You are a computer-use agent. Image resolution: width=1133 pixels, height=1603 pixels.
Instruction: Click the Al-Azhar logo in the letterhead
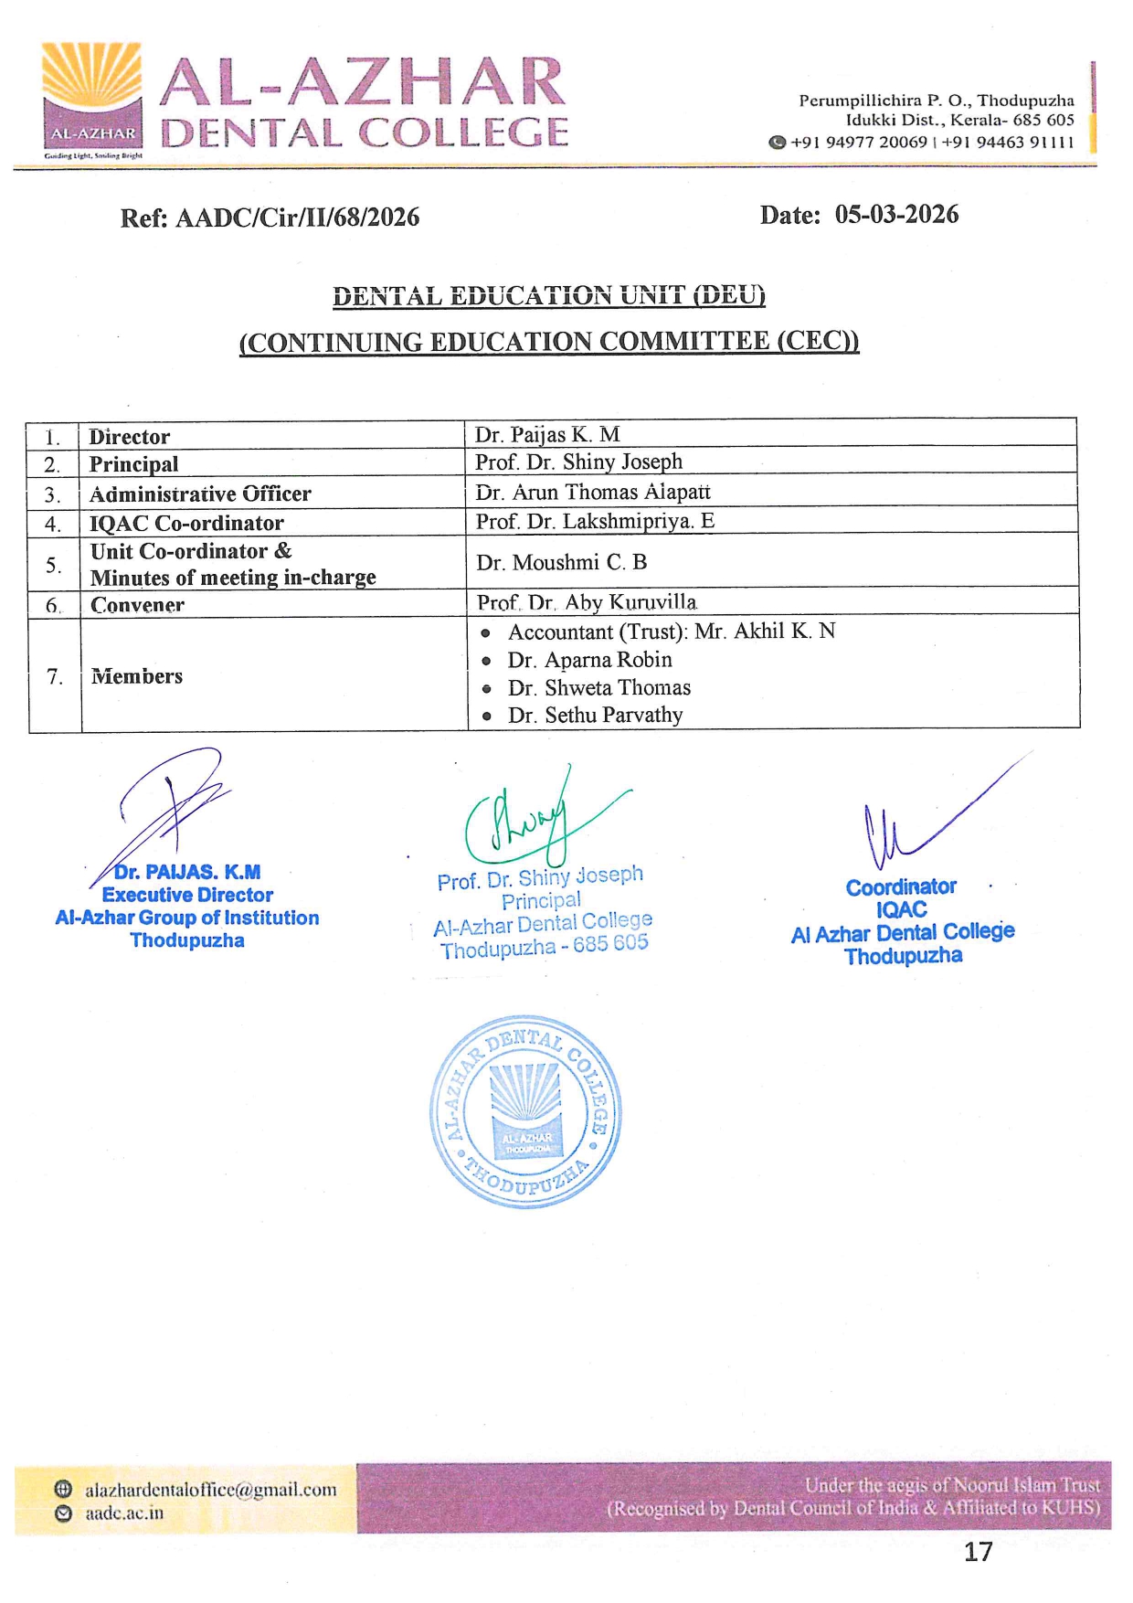tap(92, 99)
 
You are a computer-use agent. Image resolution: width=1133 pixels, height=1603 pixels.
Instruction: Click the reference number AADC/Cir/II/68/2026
tap(297, 218)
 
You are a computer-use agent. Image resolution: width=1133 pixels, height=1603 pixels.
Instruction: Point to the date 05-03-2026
tap(895, 215)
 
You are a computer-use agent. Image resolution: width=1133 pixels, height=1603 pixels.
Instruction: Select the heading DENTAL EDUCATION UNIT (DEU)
tap(548, 295)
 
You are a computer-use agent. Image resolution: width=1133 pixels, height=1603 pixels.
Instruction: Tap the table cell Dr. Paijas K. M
tap(547, 434)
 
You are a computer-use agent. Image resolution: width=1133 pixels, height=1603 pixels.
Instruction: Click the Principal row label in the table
tap(133, 464)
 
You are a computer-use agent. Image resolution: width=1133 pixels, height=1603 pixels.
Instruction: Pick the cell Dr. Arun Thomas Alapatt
tap(592, 493)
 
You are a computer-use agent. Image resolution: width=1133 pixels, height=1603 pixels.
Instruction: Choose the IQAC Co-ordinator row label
tap(186, 523)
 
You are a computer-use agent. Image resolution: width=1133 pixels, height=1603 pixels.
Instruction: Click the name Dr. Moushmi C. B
tap(561, 562)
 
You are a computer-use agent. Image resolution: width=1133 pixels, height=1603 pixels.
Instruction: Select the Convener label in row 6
tap(137, 605)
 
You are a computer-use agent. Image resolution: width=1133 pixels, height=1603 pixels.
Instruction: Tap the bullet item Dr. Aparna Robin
tap(589, 660)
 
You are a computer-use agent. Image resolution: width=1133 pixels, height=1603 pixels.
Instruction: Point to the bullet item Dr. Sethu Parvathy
tap(595, 715)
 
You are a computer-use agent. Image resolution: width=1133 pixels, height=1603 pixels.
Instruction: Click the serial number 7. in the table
tap(55, 676)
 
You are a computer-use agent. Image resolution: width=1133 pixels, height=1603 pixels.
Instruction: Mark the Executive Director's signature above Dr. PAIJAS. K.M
tap(169, 809)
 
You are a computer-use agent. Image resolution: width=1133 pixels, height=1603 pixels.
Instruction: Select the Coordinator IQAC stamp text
tap(902, 920)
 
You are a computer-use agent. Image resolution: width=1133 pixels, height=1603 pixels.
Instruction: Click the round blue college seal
tap(525, 1111)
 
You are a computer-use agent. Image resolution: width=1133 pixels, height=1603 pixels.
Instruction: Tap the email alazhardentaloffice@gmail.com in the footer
tap(210, 1490)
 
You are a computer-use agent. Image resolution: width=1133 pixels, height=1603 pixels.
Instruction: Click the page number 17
tap(978, 1551)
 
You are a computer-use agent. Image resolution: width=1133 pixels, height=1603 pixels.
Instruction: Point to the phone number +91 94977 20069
tap(858, 143)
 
